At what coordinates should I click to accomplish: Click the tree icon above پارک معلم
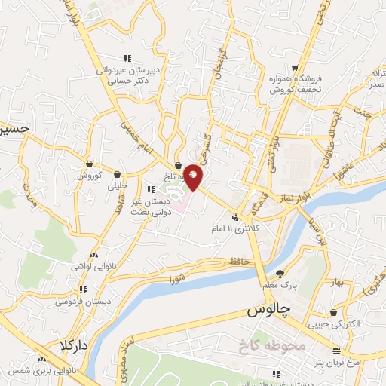click(280, 274)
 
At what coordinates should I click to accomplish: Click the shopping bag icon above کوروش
click(89, 164)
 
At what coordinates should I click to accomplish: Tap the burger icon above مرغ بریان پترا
click(336, 350)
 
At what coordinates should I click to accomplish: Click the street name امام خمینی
click(133, 132)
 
